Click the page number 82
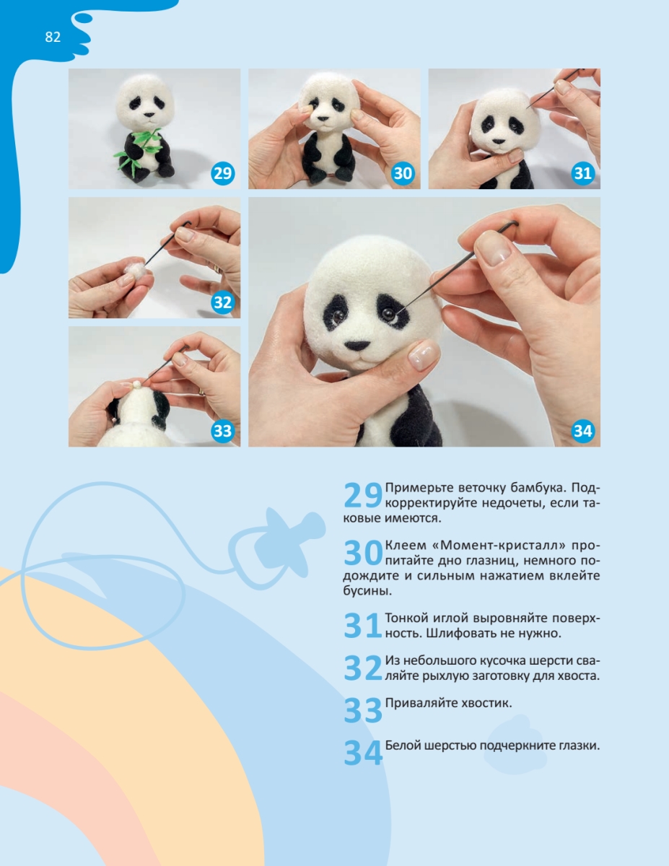53,37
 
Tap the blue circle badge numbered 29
222,173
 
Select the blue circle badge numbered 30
403,173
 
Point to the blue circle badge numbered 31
582,173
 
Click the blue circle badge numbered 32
222,302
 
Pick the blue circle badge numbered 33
222,432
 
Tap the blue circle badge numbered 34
582,432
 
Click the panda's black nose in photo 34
357,345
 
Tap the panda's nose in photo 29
149,115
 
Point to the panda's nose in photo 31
499,141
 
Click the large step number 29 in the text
362,495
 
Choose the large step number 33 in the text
362,711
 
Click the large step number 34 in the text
362,753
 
